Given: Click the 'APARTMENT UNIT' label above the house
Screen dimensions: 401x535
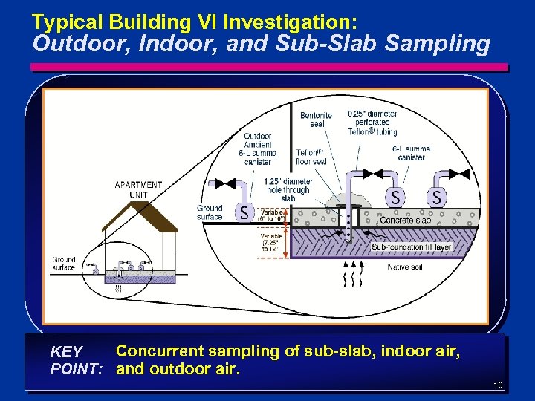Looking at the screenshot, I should pos(138,189).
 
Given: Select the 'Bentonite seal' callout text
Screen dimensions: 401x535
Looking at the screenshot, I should pos(316,120).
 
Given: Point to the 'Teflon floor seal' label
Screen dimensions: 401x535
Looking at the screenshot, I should pos(311,157).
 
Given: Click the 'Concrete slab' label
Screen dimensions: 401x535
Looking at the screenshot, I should pos(405,221).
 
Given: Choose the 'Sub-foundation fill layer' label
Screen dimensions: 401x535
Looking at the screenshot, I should pos(412,247).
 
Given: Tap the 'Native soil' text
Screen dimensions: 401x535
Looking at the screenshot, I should pos(405,267).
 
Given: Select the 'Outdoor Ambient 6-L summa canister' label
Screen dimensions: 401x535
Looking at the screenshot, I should pos(257,149).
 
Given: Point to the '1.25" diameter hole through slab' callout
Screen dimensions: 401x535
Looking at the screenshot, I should pos(288,189).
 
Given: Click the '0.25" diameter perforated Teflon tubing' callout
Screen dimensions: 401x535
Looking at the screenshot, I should pos(372,123).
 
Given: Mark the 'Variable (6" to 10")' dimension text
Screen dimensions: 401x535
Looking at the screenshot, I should pos(271,215).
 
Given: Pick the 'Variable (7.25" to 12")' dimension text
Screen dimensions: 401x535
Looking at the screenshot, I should pos(271,242).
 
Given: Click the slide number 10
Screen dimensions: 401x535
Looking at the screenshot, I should pos(498,385).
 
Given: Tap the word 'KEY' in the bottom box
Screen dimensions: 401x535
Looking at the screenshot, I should pos(66,351).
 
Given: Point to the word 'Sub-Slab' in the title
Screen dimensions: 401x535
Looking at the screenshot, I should pos(358,44).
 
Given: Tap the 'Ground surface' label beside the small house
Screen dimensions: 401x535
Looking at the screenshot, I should pos(64,264).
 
